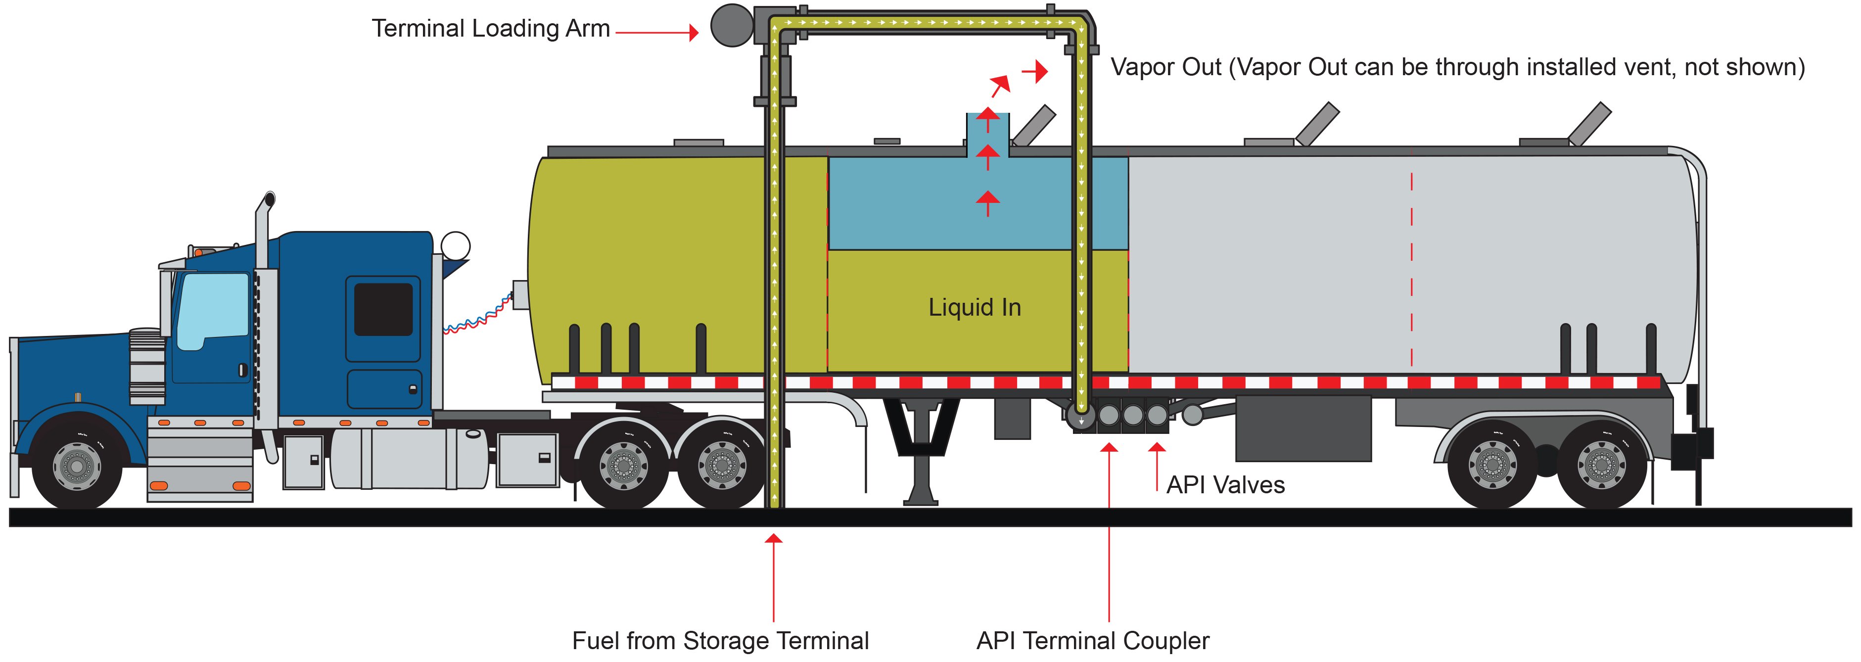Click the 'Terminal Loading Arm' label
(491, 29)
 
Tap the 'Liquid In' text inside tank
(974, 307)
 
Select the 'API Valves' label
(1225, 485)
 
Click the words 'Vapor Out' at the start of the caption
(1165, 67)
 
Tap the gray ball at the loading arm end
(731, 25)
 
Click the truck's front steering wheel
(77, 466)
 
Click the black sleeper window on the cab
(383, 309)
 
